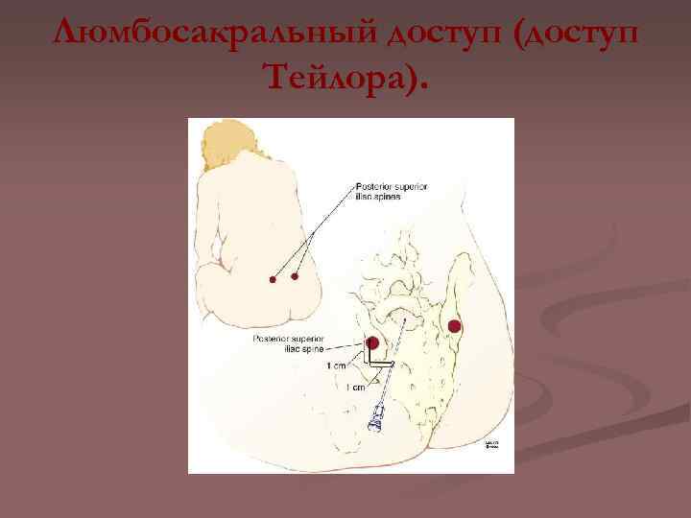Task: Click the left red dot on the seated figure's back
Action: click(273, 280)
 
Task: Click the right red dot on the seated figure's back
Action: click(295, 276)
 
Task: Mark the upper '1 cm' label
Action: click(337, 365)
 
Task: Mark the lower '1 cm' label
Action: click(354, 387)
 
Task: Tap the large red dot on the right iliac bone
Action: click(453, 327)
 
